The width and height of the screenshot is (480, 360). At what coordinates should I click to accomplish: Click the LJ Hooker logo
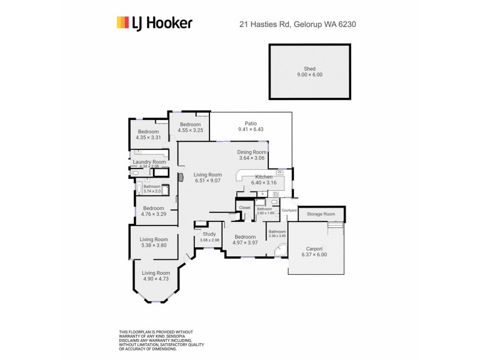154,23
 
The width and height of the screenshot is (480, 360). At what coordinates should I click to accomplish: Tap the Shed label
310,69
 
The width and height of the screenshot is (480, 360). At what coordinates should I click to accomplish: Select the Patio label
250,122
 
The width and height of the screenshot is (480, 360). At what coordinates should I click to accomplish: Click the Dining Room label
251,152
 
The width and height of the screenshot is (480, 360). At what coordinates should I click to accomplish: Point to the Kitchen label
264,177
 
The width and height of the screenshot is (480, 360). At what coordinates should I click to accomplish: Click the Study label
209,234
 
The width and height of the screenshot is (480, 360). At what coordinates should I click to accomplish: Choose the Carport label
314,248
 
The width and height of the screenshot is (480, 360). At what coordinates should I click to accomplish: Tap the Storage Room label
321,214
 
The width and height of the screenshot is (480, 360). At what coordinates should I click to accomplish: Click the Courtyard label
289,210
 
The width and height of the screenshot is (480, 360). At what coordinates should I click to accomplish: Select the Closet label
244,208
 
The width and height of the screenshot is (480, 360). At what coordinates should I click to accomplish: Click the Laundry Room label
149,161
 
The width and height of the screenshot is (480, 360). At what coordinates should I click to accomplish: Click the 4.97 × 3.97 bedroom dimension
245,242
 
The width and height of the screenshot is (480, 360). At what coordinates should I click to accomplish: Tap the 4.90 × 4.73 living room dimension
155,278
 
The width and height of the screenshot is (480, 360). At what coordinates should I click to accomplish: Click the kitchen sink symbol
280,172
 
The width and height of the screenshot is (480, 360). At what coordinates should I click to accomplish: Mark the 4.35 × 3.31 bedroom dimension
148,137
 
